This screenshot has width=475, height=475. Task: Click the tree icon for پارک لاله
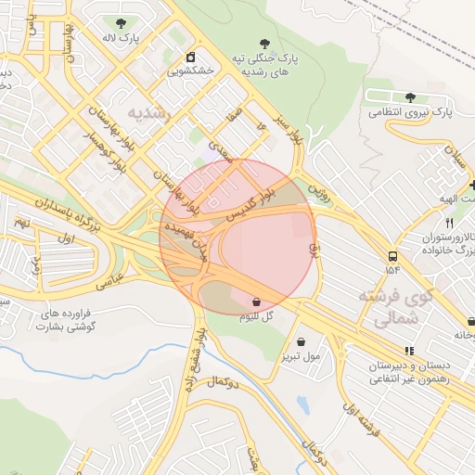[x=121, y=22]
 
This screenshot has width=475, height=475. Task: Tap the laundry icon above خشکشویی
[x=191, y=56]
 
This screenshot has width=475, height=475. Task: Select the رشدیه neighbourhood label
[x=148, y=112]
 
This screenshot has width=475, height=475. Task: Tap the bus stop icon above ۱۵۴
[x=393, y=256]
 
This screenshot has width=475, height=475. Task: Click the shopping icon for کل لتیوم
[x=256, y=302]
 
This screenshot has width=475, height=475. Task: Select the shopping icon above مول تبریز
[x=300, y=341]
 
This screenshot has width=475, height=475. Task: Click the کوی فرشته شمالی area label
[x=400, y=308]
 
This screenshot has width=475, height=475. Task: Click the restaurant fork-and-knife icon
[x=450, y=223]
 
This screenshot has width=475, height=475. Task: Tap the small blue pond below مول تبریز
[x=302, y=404]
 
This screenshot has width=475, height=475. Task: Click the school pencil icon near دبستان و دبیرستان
[x=409, y=350]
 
